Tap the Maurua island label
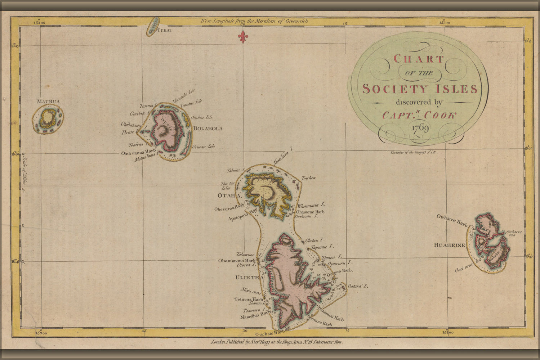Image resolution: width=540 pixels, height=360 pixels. point(48,102)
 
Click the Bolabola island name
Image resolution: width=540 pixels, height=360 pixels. point(208,129)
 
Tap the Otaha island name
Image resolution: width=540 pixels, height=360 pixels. point(228,195)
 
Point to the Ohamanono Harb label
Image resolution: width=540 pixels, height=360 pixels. point(236,260)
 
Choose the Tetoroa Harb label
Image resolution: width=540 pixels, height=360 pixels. point(249,299)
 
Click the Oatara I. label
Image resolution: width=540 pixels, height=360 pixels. point(358,286)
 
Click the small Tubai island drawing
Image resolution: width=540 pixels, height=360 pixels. point(153,26)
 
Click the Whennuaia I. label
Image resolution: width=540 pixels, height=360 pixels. point(311,206)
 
